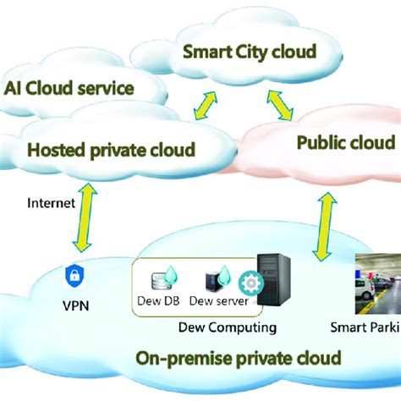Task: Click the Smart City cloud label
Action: tap(250, 52)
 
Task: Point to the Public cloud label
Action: tap(345, 142)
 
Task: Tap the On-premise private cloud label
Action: tap(239, 358)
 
